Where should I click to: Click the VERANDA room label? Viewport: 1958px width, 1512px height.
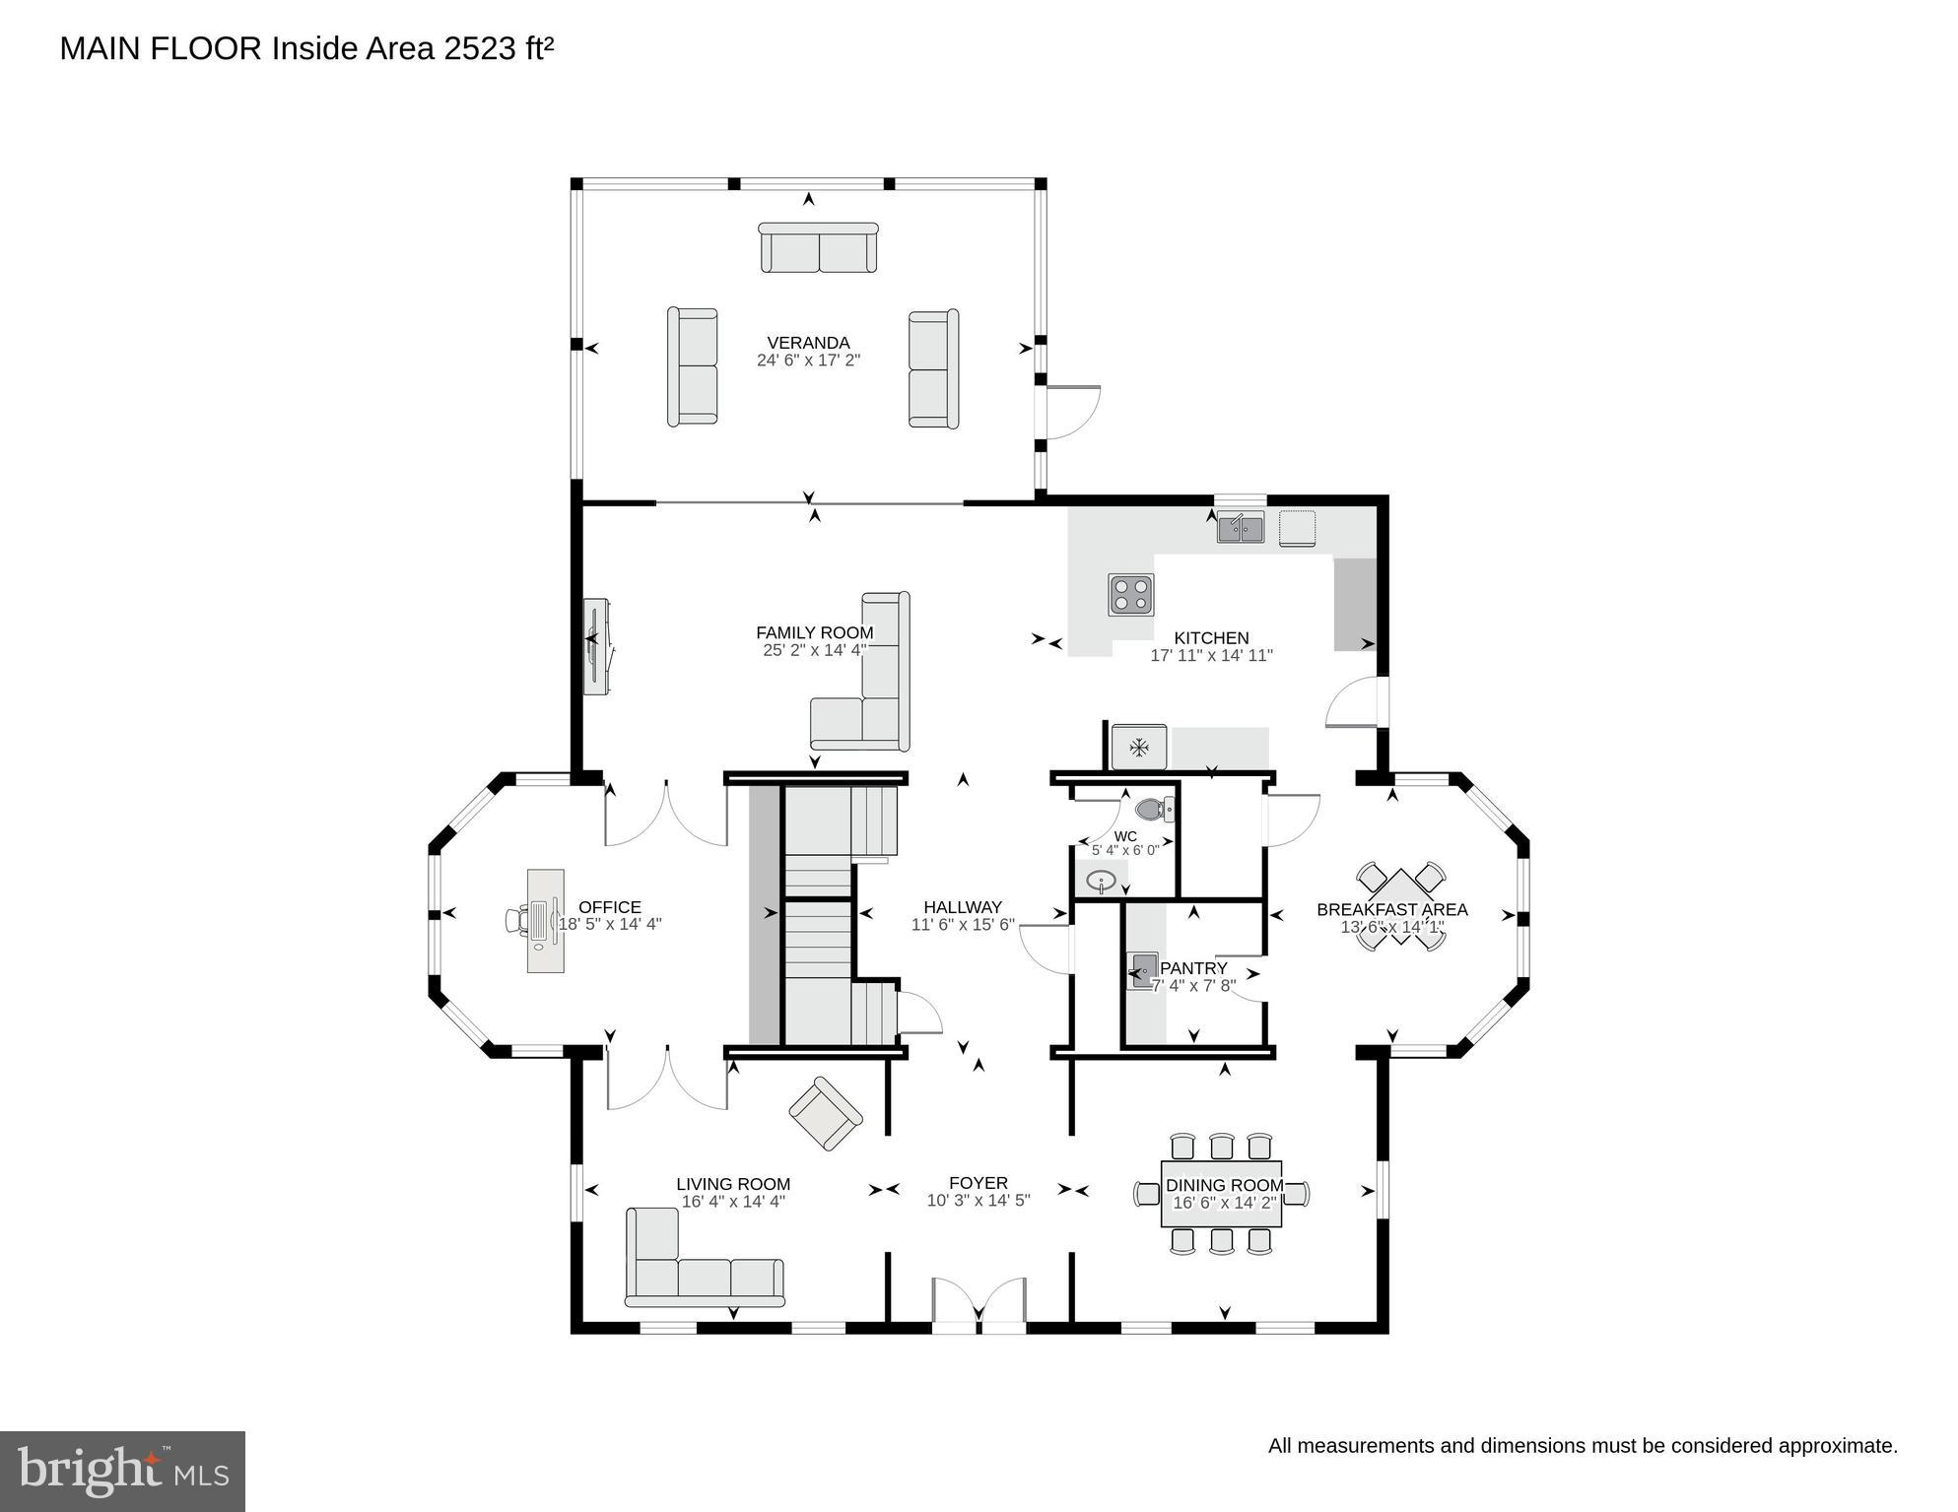808,343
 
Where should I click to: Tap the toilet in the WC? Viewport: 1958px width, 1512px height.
1154,810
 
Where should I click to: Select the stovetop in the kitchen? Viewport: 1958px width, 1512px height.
1130,595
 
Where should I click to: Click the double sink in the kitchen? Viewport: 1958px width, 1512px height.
1240,529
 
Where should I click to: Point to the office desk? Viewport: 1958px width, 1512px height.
545,920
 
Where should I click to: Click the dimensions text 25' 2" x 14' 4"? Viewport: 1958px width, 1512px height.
814,650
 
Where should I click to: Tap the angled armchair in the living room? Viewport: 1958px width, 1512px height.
826,1113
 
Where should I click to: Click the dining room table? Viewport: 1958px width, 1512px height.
1221,1194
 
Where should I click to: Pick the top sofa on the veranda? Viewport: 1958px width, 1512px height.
818,248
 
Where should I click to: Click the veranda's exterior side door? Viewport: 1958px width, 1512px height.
1072,412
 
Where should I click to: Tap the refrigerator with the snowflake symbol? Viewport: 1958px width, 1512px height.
1139,748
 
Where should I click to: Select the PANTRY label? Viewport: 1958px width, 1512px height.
1193,968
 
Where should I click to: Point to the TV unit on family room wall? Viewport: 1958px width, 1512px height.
595,645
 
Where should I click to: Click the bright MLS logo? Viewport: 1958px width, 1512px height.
122,1471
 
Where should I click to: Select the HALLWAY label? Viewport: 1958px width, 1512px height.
962,907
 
